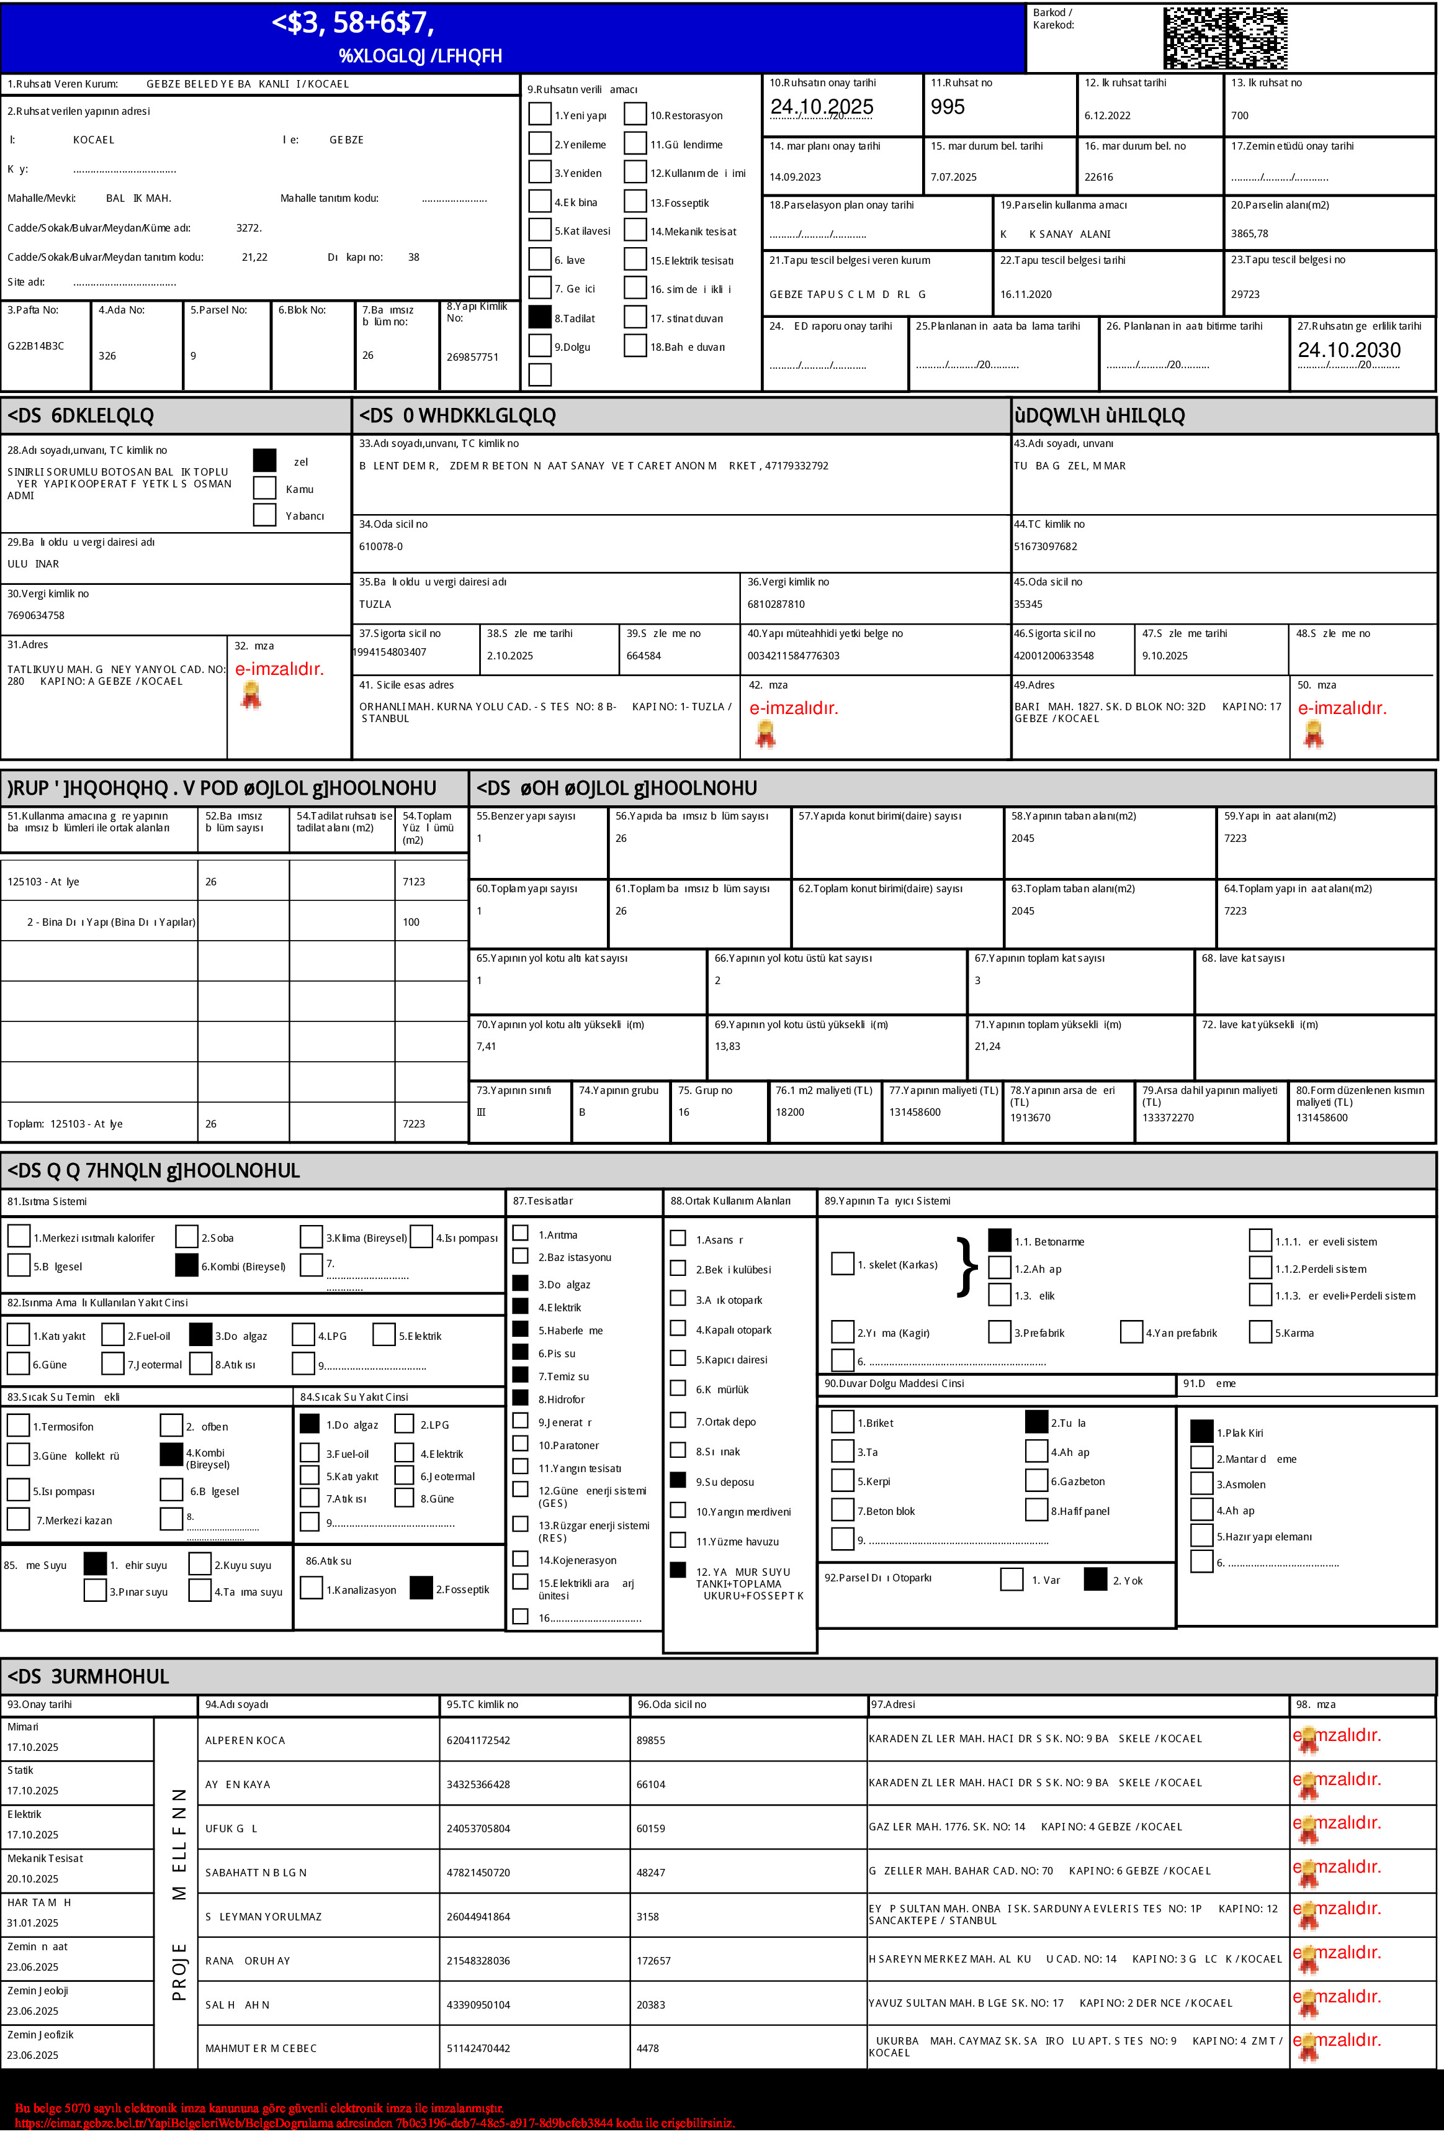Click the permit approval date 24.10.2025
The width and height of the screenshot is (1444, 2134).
click(822, 107)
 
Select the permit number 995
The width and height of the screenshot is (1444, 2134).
click(948, 107)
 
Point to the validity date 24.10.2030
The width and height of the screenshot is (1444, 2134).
click(1348, 350)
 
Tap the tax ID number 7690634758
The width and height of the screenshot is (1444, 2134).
click(36, 616)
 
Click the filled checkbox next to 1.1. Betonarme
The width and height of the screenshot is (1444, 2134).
click(1000, 1241)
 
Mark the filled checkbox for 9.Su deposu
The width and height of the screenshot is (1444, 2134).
click(678, 1480)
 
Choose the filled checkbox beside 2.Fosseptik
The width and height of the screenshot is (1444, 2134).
click(421, 1588)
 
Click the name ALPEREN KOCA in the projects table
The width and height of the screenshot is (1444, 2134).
click(245, 1740)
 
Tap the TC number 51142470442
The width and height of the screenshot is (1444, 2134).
click(478, 2048)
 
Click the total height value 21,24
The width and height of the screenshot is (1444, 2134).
click(988, 1047)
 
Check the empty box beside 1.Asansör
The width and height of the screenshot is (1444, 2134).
click(678, 1239)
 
